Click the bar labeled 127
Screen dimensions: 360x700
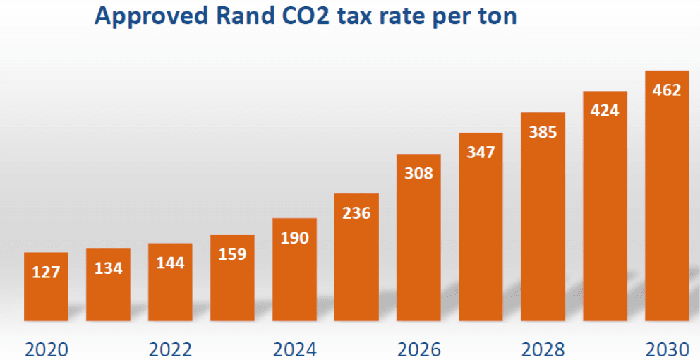[46, 286]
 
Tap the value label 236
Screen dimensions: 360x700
[356, 212]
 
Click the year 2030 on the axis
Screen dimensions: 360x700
[667, 349]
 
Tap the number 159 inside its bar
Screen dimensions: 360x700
[232, 254]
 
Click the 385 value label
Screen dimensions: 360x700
[543, 131]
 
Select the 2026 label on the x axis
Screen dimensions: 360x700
[418, 349]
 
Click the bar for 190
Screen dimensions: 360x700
[294, 269]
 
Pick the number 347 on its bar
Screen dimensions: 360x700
[481, 152]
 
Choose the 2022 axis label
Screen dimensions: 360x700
[170, 349]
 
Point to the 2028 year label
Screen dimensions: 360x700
[543, 349]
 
